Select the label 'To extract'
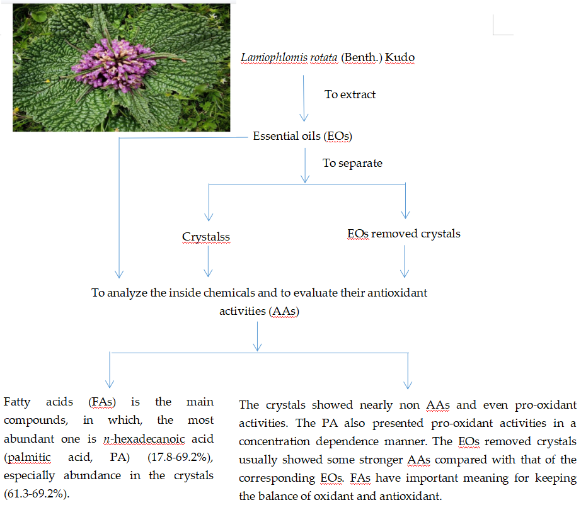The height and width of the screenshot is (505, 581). tap(350, 94)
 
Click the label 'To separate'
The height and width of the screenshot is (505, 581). tap(352, 163)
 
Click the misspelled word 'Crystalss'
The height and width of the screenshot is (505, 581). tap(205, 237)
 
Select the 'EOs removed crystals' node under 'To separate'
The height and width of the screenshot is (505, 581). tap(404, 234)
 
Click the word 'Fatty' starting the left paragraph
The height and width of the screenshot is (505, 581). tap(16, 402)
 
